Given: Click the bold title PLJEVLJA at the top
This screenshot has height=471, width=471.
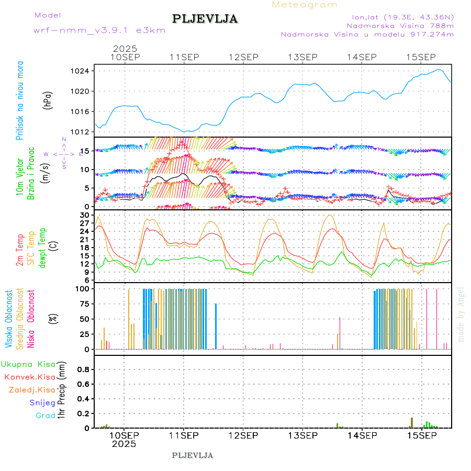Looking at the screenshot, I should pos(205,19).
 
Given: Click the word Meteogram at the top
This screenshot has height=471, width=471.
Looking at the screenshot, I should pos(305,5).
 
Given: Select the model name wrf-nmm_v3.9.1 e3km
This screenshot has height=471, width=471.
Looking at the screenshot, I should pos(99,30).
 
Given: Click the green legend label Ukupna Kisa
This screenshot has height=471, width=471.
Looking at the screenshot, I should pos(28,364).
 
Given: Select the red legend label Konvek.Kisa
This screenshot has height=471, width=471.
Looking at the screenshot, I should pos(30,377).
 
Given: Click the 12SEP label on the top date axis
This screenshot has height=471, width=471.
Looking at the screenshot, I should pos(243,57).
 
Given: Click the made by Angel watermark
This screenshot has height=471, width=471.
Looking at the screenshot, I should pos(461,314).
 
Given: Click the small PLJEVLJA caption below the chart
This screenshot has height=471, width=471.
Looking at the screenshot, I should pos(193,455).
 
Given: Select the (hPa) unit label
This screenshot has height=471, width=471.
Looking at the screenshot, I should pos(48,100).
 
